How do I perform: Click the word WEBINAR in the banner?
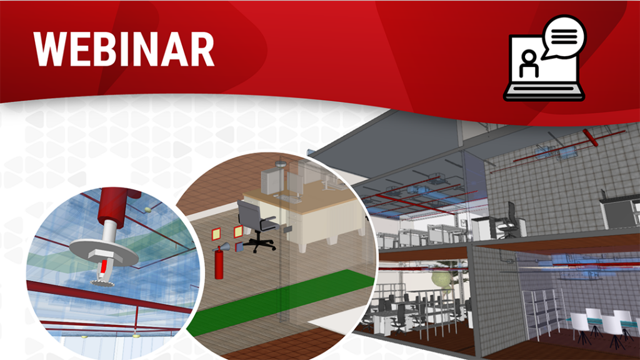[x=124, y=49]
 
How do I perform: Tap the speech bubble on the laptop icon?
[x=564, y=37]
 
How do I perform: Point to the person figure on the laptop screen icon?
[x=529, y=64]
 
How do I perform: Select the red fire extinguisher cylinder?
[x=219, y=263]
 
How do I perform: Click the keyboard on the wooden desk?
[x=289, y=198]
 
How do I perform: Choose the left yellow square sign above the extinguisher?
[x=216, y=234]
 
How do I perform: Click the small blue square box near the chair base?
[x=239, y=246]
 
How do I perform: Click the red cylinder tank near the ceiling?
[x=590, y=137]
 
